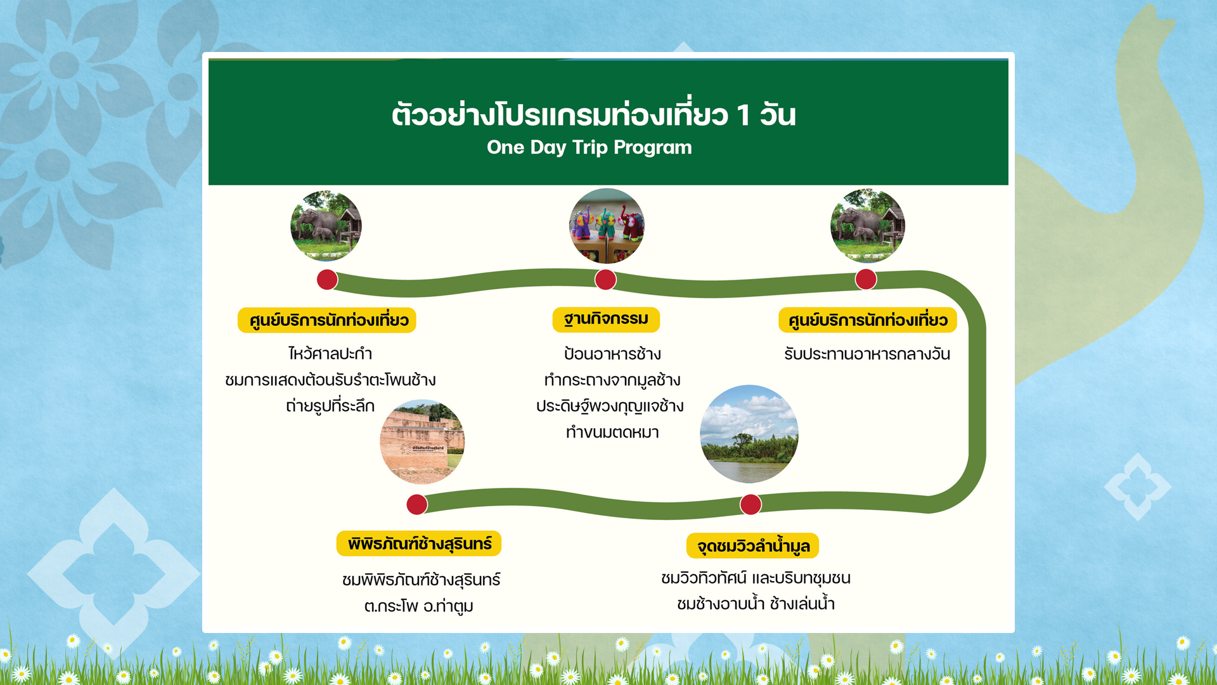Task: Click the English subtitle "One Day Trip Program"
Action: click(589, 148)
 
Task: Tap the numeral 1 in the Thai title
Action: click(744, 115)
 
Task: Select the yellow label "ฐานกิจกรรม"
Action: click(606, 319)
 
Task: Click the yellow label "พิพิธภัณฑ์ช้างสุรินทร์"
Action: click(419, 544)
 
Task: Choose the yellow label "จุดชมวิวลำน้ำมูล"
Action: click(753, 545)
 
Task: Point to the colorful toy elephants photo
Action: click(607, 226)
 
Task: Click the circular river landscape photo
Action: click(749, 434)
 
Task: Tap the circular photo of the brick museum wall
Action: click(422, 441)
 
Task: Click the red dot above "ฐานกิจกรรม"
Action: click(605, 279)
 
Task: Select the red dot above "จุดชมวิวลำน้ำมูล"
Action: click(750, 504)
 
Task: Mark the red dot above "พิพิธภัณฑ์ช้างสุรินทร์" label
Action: click(416, 504)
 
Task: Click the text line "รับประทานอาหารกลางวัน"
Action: click(867, 354)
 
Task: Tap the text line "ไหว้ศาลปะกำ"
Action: click(330, 353)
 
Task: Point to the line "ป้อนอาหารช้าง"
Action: click(612, 354)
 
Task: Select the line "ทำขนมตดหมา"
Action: click(612, 433)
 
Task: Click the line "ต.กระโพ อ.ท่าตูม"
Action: click(419, 606)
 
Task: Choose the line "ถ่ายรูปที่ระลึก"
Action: click(330, 406)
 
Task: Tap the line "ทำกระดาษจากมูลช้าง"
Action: click(612, 380)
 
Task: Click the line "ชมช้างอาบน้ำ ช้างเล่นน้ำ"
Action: click(756, 603)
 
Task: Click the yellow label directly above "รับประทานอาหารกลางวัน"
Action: click(868, 320)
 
